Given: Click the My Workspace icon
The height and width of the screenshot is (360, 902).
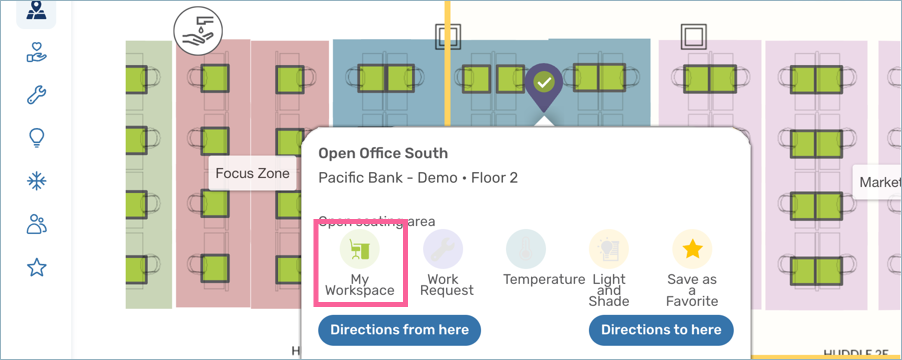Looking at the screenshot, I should [359, 247].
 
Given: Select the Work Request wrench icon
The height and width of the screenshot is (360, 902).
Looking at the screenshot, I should [442, 247].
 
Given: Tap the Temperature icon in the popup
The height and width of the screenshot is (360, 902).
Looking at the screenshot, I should [525, 247].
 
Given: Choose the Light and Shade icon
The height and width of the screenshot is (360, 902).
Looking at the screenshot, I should [608, 247].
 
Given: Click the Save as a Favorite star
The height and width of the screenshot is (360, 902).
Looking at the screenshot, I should [691, 247].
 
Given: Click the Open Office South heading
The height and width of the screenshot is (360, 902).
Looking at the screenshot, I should [383, 153].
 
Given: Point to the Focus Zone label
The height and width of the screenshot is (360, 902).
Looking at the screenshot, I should [252, 173].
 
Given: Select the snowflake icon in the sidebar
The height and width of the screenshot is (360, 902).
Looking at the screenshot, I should [37, 181].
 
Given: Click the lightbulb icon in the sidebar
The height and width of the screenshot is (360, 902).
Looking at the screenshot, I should [37, 138].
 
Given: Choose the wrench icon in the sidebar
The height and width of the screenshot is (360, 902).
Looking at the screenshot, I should [37, 96].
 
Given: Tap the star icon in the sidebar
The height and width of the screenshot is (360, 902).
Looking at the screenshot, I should [37, 267].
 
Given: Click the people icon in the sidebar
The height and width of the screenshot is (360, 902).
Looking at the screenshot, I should [37, 224].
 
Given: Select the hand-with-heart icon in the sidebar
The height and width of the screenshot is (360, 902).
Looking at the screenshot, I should [37, 54].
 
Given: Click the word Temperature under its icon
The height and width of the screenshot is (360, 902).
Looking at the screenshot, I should [543, 280].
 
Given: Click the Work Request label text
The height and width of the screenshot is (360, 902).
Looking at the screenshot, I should [450, 285].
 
